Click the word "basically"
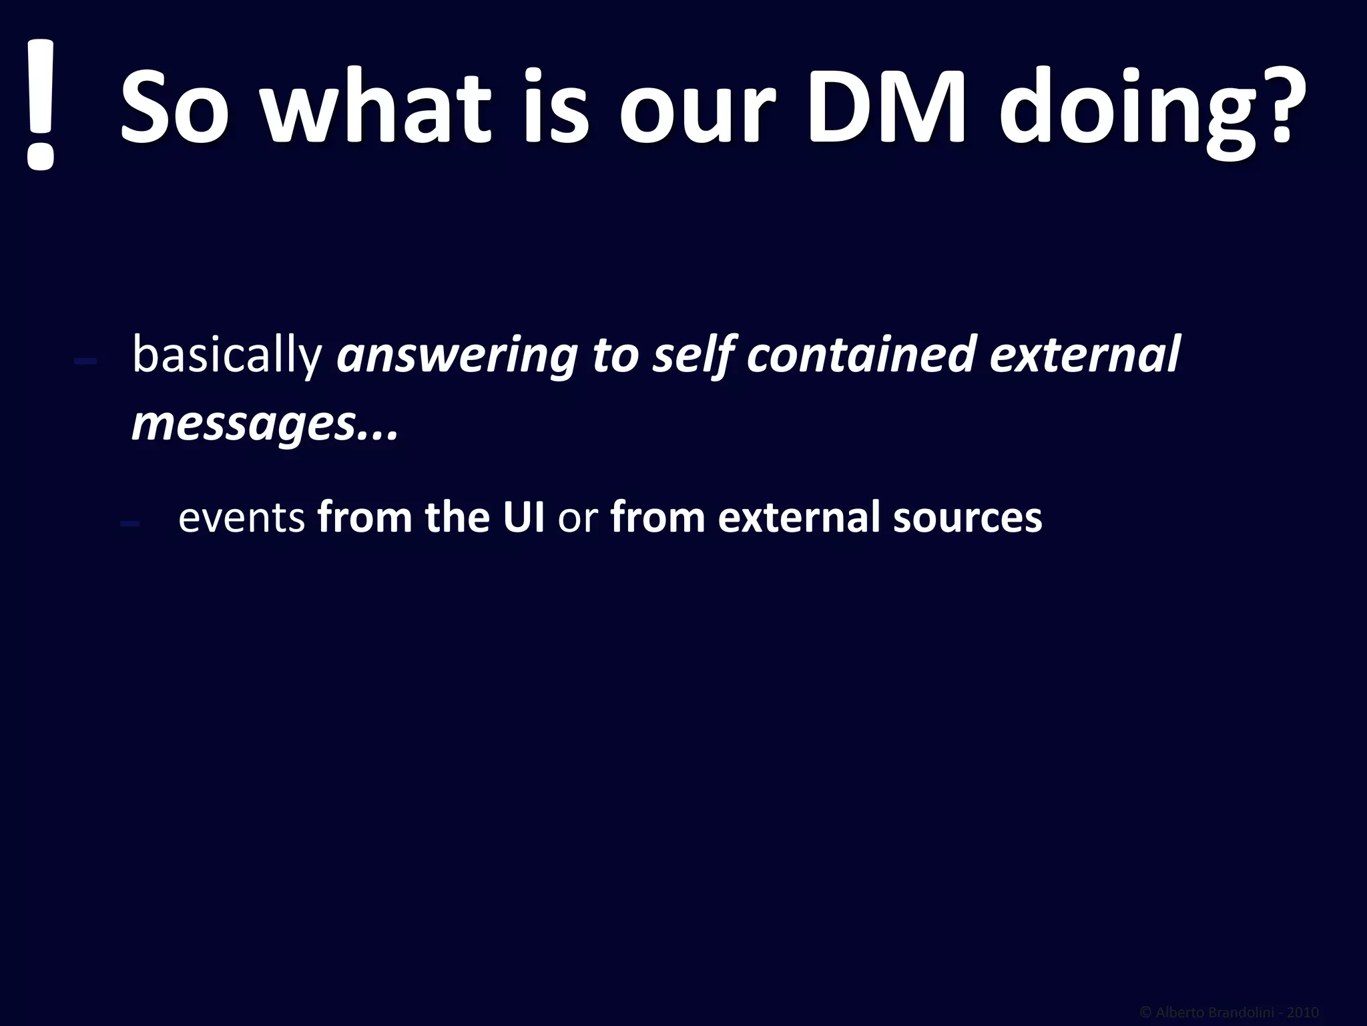coord(228,355)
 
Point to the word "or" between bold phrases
coord(577,519)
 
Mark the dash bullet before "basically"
coord(86,361)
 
